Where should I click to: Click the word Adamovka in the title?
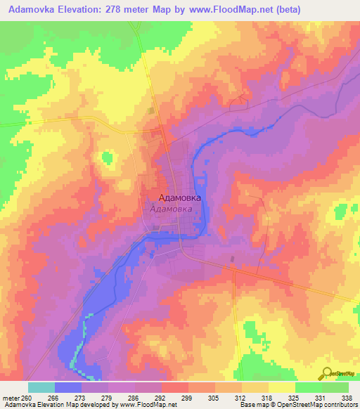coord(31,10)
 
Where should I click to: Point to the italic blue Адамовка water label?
coord(172,209)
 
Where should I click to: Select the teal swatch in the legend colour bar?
coord(41,387)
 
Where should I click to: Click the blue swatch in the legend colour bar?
coord(67,387)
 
